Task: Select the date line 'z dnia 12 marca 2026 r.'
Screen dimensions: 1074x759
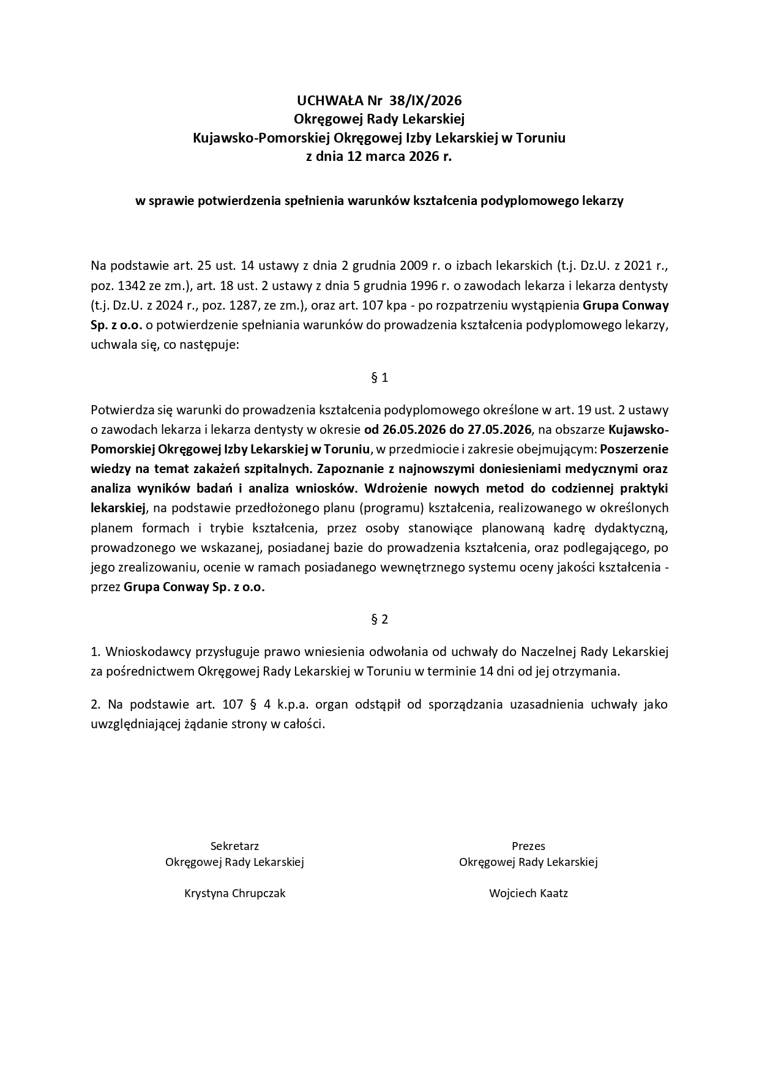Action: pyautogui.click(x=379, y=156)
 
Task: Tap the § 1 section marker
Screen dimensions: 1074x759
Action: pyautogui.click(x=379, y=378)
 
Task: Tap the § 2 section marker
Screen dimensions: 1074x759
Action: pyautogui.click(x=379, y=619)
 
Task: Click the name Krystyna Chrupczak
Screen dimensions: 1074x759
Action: pyautogui.click(x=234, y=893)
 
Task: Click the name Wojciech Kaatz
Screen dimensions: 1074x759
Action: pyautogui.click(x=528, y=893)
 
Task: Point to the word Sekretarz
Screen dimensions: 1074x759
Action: pyautogui.click(x=234, y=846)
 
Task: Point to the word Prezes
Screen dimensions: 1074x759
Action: pyautogui.click(x=528, y=846)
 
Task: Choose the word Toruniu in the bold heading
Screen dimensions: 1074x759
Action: pyautogui.click(x=541, y=138)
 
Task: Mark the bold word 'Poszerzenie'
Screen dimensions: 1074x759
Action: pyautogui.click(x=634, y=449)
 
